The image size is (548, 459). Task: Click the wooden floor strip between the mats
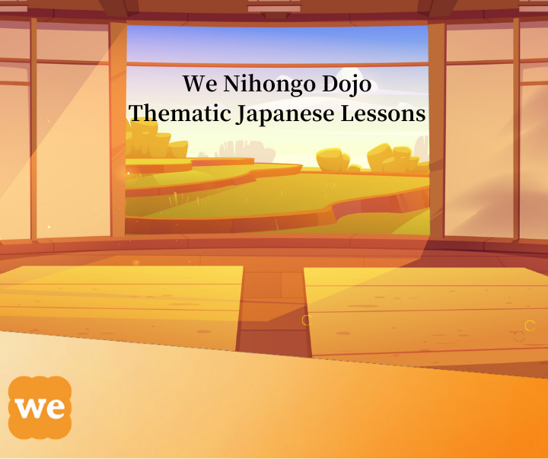pos(274,304)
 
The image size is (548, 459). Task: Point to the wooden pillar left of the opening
pos(117,129)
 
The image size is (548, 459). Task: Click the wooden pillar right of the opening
pos(436,129)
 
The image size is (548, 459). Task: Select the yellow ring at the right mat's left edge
pos(307,320)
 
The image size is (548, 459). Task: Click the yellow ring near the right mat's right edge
pos(530,325)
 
